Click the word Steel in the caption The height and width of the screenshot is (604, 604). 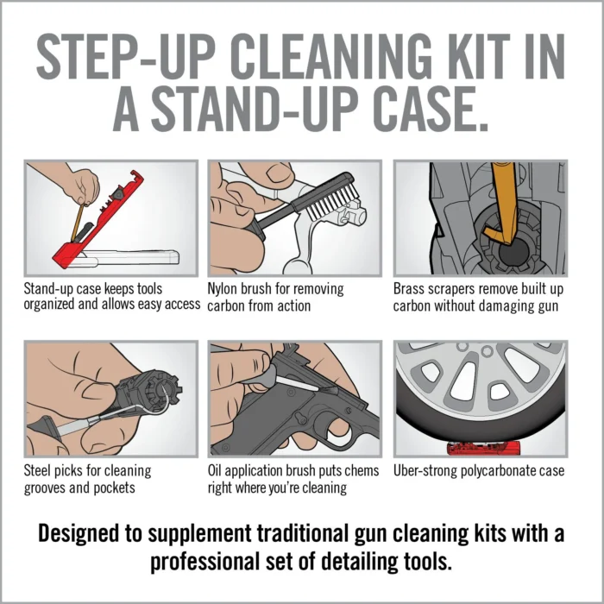pos(41,471)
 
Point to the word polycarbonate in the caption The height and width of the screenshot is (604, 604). pos(506,471)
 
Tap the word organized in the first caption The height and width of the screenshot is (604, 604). pos(57,305)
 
